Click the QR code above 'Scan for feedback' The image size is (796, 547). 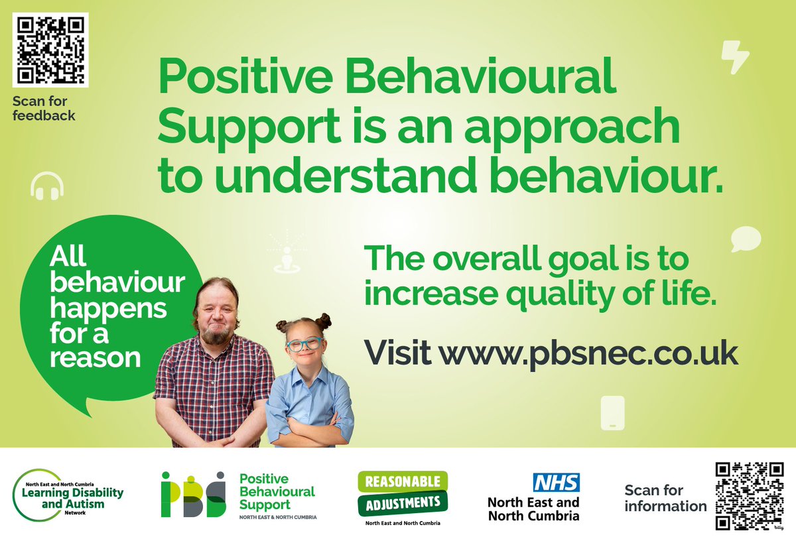pyautogui.click(x=50, y=50)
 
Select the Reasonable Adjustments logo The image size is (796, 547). pyautogui.click(x=403, y=494)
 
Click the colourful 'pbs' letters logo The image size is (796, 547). pyautogui.click(x=193, y=495)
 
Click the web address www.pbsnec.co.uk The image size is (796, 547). pyautogui.click(x=588, y=353)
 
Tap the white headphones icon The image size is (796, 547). pyautogui.click(x=47, y=186)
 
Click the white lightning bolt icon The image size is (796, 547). pyautogui.click(x=735, y=56)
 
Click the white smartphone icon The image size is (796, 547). pyautogui.click(x=612, y=412)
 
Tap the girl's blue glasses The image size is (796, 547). pyautogui.click(x=305, y=344)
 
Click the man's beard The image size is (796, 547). pyautogui.click(x=216, y=334)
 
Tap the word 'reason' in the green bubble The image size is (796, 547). pyautogui.click(x=96, y=357)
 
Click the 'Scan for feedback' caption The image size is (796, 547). pyautogui.click(x=43, y=109)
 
